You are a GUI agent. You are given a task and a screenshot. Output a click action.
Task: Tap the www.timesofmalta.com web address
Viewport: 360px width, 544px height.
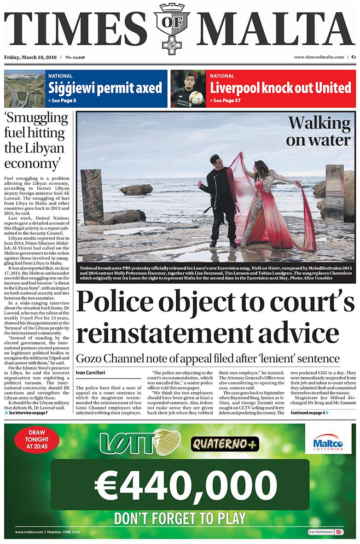click(x=319, y=58)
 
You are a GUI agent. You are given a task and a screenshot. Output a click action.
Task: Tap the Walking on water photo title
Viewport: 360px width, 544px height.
click(x=319, y=131)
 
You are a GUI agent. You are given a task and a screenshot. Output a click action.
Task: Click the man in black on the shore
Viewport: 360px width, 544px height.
click(x=222, y=200)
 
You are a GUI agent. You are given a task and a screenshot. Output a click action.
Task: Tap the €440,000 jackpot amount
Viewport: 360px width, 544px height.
click(x=180, y=484)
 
